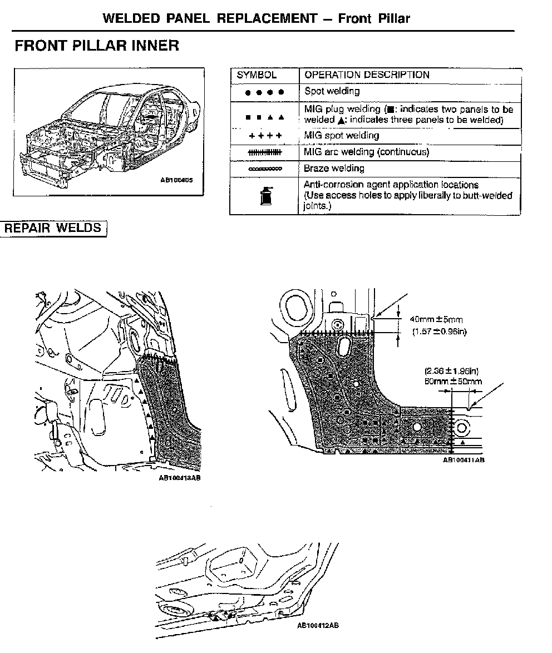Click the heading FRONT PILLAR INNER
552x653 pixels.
point(97,46)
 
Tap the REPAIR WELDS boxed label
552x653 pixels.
point(53,228)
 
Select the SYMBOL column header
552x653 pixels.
point(257,75)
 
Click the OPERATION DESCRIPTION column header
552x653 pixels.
point(367,75)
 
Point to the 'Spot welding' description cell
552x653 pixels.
point(332,91)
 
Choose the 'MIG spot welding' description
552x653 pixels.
point(342,135)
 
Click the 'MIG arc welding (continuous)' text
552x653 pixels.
point(367,152)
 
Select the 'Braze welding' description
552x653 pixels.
point(334,168)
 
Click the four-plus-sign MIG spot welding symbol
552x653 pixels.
point(265,136)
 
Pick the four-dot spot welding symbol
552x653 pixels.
point(265,92)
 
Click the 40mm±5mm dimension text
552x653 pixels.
point(436,320)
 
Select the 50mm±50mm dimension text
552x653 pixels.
point(453,382)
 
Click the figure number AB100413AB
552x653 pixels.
point(179,478)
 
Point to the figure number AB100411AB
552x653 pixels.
point(464,460)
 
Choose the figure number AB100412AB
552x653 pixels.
point(318,625)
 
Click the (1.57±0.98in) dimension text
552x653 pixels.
point(439,332)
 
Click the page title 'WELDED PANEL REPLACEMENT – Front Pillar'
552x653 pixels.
point(257,18)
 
